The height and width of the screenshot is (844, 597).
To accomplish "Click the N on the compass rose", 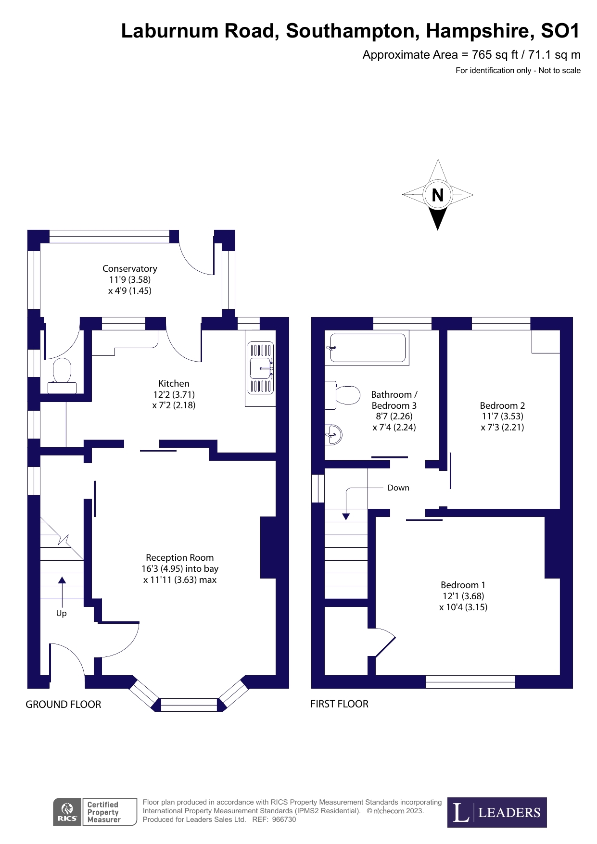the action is [x=437, y=195].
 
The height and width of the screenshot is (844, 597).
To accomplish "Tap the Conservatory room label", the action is [x=130, y=269].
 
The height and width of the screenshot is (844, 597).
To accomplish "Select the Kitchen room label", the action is [x=174, y=384].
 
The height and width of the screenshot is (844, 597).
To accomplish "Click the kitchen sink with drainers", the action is [x=260, y=368].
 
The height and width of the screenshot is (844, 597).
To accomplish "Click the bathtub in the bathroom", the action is [x=368, y=348].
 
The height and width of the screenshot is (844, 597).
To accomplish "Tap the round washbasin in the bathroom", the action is [x=333, y=435].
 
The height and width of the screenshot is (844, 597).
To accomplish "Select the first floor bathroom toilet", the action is [x=345, y=395].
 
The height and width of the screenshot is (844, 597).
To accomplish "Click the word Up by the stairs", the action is [x=62, y=613].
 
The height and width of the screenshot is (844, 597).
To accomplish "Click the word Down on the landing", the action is [x=398, y=488].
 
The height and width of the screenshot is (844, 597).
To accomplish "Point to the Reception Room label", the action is [x=180, y=558].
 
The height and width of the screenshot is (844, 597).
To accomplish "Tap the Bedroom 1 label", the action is [x=463, y=585].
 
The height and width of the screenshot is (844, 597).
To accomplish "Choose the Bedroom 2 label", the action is [x=502, y=405].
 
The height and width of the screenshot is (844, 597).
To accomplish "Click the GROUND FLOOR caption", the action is [x=64, y=705].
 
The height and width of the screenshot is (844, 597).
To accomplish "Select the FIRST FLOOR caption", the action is [x=339, y=704].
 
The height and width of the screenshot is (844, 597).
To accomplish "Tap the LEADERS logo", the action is [x=496, y=812].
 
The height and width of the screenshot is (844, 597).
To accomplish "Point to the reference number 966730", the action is [x=284, y=819].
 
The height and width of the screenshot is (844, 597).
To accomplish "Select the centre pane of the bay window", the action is [x=189, y=705].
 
